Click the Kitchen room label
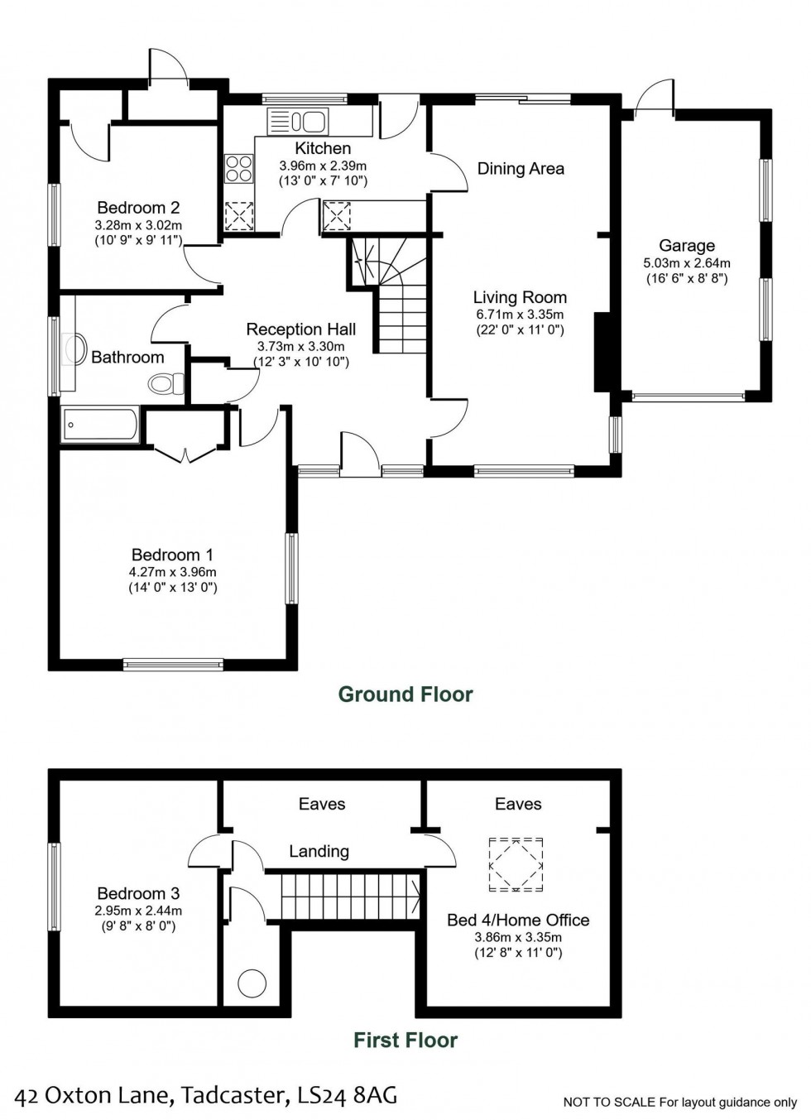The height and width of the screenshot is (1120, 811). pyautogui.click(x=323, y=148)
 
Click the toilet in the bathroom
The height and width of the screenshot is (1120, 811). pyautogui.click(x=168, y=384)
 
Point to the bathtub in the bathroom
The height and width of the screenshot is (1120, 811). pyautogui.click(x=100, y=425)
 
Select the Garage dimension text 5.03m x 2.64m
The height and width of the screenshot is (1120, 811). pyautogui.click(x=687, y=263)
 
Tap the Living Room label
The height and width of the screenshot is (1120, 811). pyautogui.click(x=520, y=297)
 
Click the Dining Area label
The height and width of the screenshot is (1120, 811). pyautogui.click(x=521, y=169)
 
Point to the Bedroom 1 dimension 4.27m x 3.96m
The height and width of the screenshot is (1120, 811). pyautogui.click(x=172, y=572)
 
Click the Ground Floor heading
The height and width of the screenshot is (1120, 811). pyautogui.click(x=405, y=695)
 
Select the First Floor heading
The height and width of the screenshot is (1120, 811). pyautogui.click(x=405, y=1041)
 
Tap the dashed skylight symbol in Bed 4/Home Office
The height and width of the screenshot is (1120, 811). pyautogui.click(x=516, y=864)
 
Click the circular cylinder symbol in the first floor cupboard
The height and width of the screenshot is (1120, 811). pyautogui.click(x=252, y=983)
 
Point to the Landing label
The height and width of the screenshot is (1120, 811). pyautogui.click(x=319, y=851)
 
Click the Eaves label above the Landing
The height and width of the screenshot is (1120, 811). pyautogui.click(x=322, y=804)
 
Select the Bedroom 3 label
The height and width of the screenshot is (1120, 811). pyautogui.click(x=138, y=893)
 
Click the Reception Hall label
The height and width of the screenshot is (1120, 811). pyautogui.click(x=301, y=329)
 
